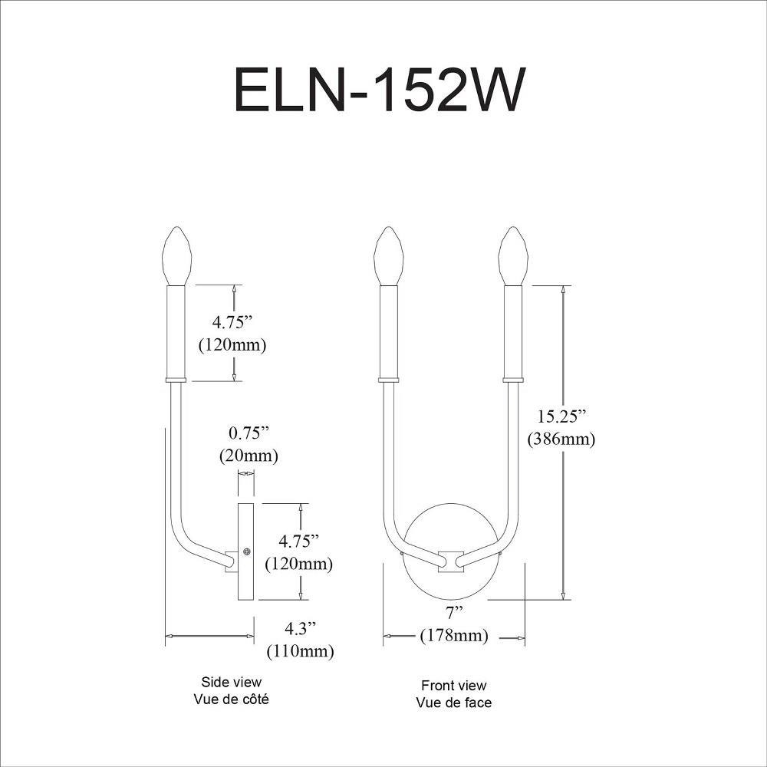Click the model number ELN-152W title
coord(380,91)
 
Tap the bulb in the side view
coord(176,255)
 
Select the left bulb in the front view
coord(388,255)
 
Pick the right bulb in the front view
coord(512,255)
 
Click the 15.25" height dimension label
coord(561,416)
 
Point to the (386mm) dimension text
coord(561,439)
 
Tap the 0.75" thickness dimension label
coord(249,433)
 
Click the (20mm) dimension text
coord(249,456)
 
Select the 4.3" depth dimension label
coord(301,628)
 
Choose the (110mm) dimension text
coord(301,651)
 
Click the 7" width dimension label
coord(454,612)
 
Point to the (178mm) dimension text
coord(454,635)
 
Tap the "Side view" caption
coord(232,682)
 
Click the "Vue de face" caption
coord(454,703)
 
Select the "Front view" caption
coord(454,685)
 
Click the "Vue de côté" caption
coord(232,699)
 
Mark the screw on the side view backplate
coord(247,551)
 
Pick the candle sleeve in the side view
coord(176,333)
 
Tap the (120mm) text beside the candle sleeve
coord(232,345)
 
